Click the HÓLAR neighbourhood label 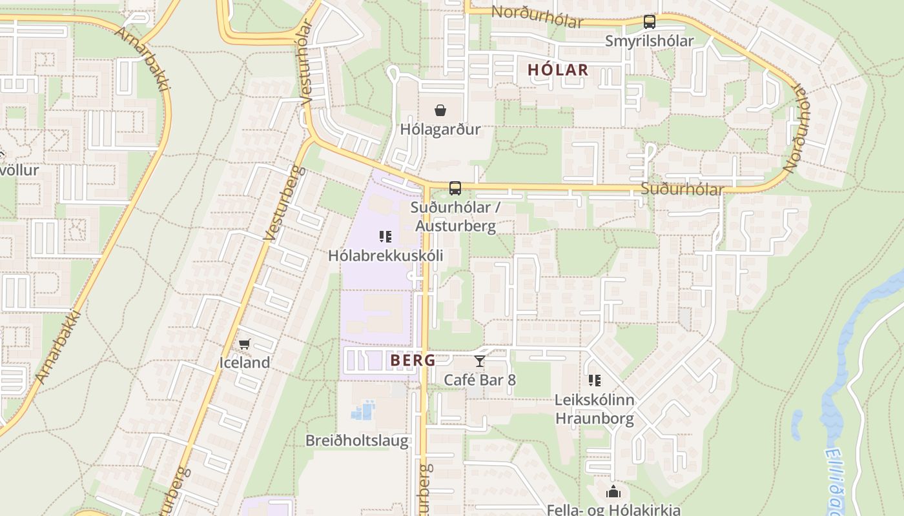(x=558, y=70)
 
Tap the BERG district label (x=413, y=361)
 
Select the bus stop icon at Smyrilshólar (x=650, y=22)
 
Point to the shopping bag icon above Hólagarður (x=440, y=111)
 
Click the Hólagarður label (x=440, y=129)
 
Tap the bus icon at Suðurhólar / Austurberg (x=455, y=188)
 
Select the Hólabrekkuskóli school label (x=385, y=255)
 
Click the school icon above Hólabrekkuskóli (x=385, y=237)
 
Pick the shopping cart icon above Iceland (x=244, y=344)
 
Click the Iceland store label (x=244, y=362)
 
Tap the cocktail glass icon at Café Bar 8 (x=479, y=361)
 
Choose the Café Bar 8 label (x=479, y=380)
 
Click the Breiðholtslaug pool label (x=357, y=441)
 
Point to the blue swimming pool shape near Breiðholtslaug (x=364, y=410)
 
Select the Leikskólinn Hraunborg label (x=594, y=409)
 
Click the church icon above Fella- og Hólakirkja (x=613, y=492)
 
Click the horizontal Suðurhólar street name (x=682, y=190)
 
